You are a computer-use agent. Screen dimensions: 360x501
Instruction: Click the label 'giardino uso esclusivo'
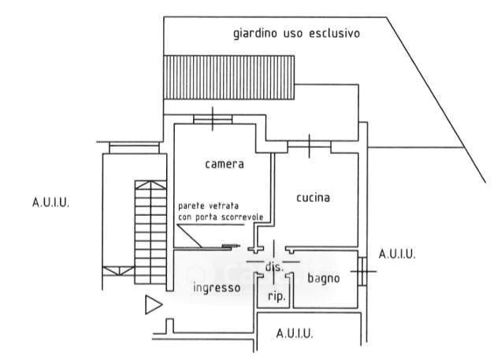(296, 34)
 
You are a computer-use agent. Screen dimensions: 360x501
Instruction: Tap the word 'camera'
(225, 165)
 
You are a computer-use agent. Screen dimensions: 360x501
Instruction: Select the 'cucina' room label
(313, 197)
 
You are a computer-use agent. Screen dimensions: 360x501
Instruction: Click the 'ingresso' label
(217, 288)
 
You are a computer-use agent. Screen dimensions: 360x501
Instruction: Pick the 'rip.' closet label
(276, 297)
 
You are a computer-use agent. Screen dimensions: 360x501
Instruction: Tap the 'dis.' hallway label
(274, 268)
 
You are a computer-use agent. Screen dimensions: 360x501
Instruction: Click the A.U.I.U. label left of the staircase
(51, 202)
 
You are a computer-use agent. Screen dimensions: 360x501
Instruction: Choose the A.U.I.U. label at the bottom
(295, 334)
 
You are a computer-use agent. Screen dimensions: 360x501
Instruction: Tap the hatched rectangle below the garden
(228, 77)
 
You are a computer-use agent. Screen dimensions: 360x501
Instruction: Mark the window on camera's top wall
(212, 119)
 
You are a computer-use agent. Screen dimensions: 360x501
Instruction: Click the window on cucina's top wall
(309, 145)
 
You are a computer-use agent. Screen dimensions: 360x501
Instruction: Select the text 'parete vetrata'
(203, 206)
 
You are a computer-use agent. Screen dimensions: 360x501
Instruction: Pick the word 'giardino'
(254, 35)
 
